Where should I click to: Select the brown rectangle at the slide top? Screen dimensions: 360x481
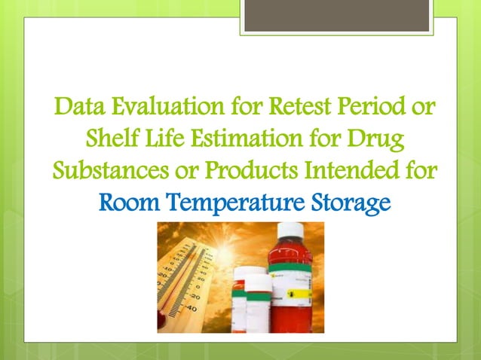(337, 15)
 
